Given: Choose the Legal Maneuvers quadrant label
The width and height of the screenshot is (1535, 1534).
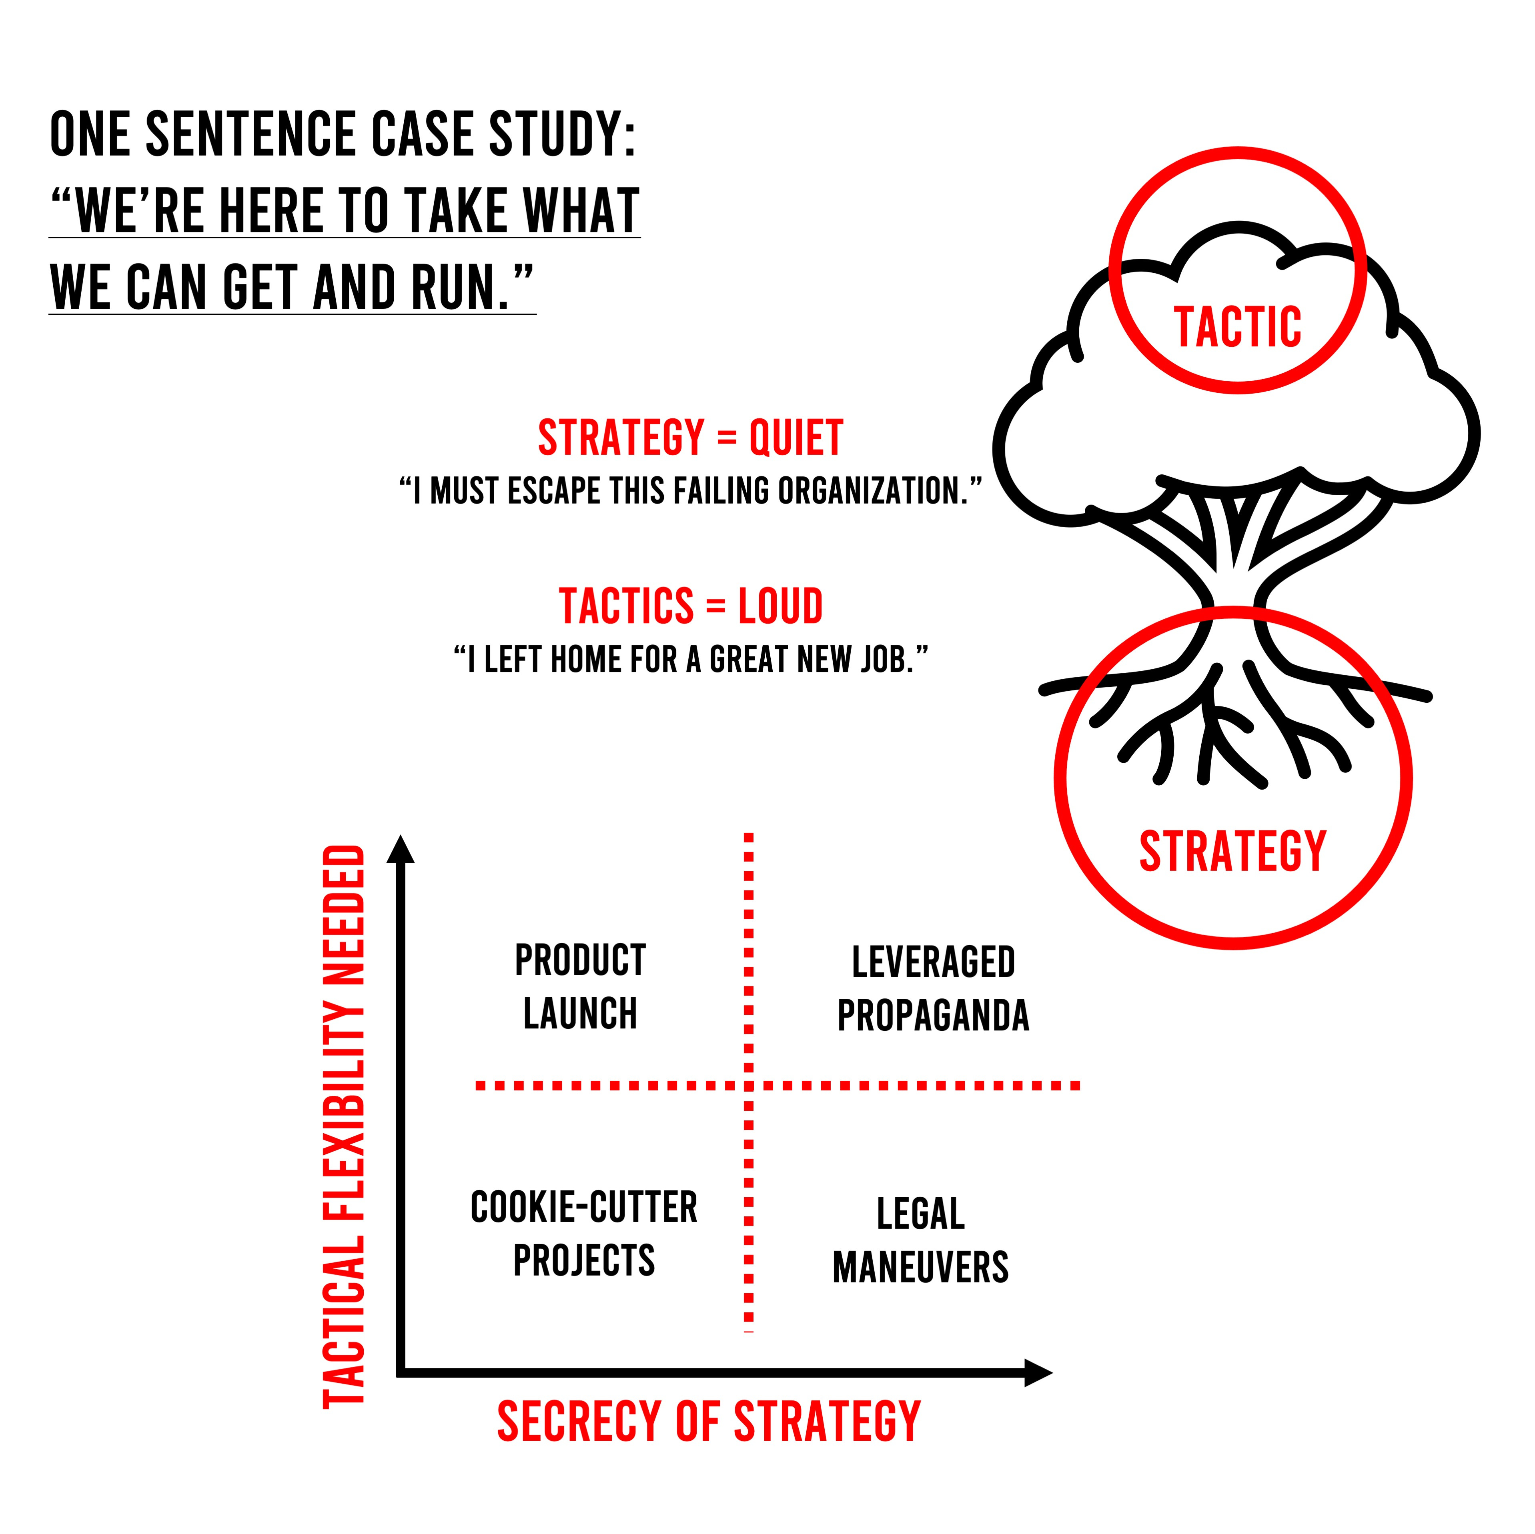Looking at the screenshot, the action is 920,1240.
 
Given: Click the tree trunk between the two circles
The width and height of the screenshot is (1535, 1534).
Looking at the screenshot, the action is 1234,588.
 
